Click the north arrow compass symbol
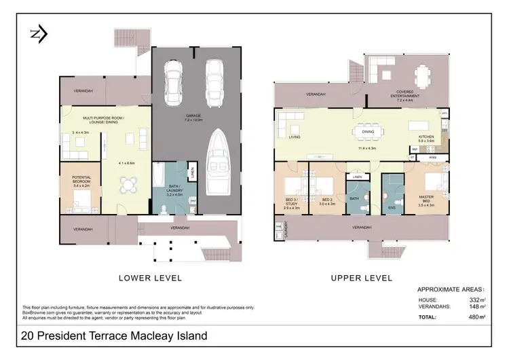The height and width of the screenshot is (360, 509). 38,34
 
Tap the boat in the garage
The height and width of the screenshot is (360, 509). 216,159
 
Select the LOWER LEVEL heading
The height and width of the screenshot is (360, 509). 150,278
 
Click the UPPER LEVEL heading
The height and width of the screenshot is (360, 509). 361,278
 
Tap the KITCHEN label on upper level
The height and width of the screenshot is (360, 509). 426,137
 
